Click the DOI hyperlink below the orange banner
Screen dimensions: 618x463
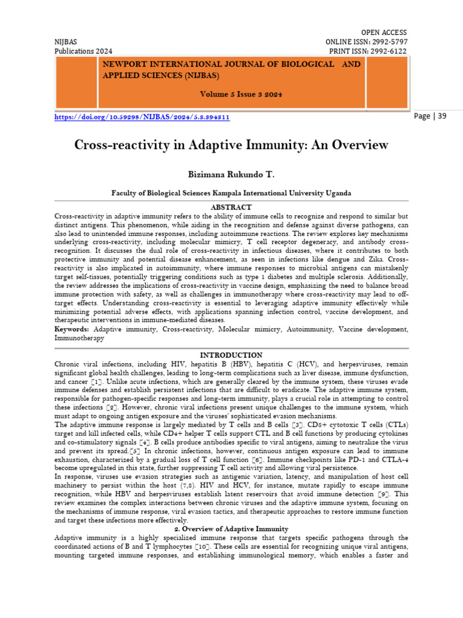click(x=142, y=118)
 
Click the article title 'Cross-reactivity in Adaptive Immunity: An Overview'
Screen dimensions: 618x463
click(x=231, y=145)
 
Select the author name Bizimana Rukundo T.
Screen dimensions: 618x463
click(x=231, y=174)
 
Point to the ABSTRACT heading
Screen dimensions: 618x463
click(x=231, y=206)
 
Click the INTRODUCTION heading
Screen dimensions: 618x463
click(x=231, y=355)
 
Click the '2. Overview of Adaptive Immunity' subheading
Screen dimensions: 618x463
click(x=231, y=529)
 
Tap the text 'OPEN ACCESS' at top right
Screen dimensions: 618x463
click(x=383, y=32)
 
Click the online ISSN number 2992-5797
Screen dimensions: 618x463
click(x=387, y=42)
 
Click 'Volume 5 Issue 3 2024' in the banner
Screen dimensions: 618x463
click(x=241, y=95)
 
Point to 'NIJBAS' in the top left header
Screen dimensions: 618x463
click(x=67, y=42)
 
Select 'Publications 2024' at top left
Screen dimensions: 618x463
click(x=83, y=51)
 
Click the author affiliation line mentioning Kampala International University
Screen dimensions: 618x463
click(x=231, y=193)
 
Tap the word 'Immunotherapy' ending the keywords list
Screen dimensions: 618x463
click(x=79, y=339)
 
